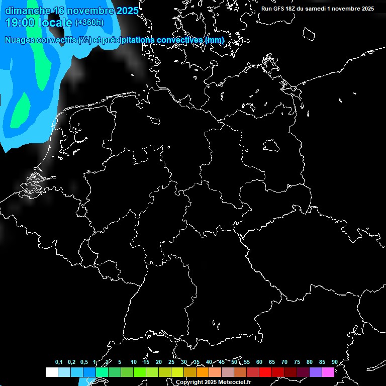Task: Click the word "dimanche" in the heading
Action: (x=28, y=11)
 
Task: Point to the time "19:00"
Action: (x=22, y=22)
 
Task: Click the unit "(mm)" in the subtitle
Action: (x=215, y=40)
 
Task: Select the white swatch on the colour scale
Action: (x=51, y=372)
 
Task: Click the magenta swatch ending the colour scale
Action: (x=328, y=372)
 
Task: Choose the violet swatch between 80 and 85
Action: (x=316, y=372)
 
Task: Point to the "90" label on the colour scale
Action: (x=334, y=362)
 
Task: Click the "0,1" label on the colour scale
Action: (x=59, y=362)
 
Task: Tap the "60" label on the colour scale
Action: (x=259, y=362)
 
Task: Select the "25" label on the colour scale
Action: (x=171, y=362)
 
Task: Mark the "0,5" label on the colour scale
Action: (x=84, y=362)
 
